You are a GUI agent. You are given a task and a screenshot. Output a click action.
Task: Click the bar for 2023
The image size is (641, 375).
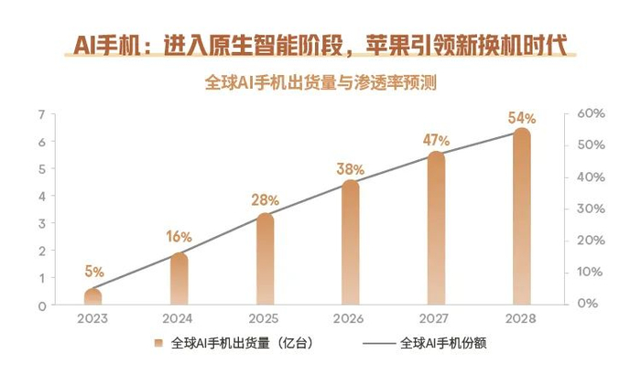click(x=93, y=297)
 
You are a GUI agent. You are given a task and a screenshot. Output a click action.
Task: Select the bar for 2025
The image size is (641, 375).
click(x=264, y=261)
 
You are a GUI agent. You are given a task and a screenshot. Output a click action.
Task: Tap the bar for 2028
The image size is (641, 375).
click(x=521, y=220)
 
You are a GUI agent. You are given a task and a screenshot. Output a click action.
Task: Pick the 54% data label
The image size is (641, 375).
click(x=521, y=118)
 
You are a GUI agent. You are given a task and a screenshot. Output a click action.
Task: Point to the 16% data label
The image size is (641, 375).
click(x=179, y=237)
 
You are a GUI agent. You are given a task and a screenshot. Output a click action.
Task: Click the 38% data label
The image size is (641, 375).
click(x=350, y=169)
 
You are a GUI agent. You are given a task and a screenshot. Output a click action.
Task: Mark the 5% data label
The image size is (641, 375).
click(x=93, y=272)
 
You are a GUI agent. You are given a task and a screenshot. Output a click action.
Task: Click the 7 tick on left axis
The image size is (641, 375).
click(x=41, y=114)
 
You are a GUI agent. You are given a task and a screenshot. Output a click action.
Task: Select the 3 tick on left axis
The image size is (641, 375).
click(x=41, y=223)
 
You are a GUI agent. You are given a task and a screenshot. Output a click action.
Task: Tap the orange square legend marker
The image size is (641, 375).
click(x=158, y=344)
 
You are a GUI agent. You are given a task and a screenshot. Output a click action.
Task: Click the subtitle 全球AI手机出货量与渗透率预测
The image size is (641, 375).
click(x=320, y=82)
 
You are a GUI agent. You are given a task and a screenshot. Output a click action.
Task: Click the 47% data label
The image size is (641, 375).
click(x=436, y=141)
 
